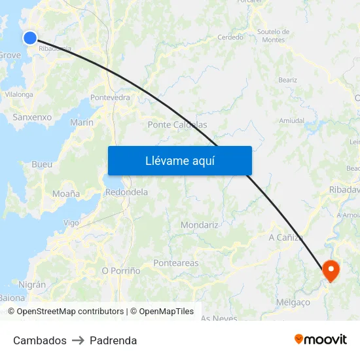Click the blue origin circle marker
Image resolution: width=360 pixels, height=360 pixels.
point(29,38)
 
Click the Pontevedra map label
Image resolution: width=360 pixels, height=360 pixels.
point(110,98)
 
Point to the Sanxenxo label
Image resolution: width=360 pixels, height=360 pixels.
point(32,117)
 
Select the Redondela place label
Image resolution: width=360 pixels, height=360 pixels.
point(126,192)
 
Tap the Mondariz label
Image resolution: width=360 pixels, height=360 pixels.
point(200,225)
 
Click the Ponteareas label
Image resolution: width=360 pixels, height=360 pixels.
point(175,263)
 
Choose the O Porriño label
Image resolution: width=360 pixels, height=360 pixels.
point(121,270)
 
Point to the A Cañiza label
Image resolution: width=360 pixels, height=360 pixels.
point(286,237)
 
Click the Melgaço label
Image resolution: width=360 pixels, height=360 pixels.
point(293,302)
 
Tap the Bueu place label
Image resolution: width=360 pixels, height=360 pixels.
point(42,164)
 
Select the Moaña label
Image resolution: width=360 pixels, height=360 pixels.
point(66,194)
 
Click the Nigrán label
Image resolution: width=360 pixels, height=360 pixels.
point(33,285)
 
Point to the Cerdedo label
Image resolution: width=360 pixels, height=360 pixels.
point(230,37)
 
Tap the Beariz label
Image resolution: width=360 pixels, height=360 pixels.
point(287,80)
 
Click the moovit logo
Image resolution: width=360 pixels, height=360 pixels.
point(321,340)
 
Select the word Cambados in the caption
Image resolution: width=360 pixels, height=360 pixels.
point(40,340)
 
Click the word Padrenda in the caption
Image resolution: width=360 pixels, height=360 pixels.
point(113,340)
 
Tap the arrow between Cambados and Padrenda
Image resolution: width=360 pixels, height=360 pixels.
point(78,340)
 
